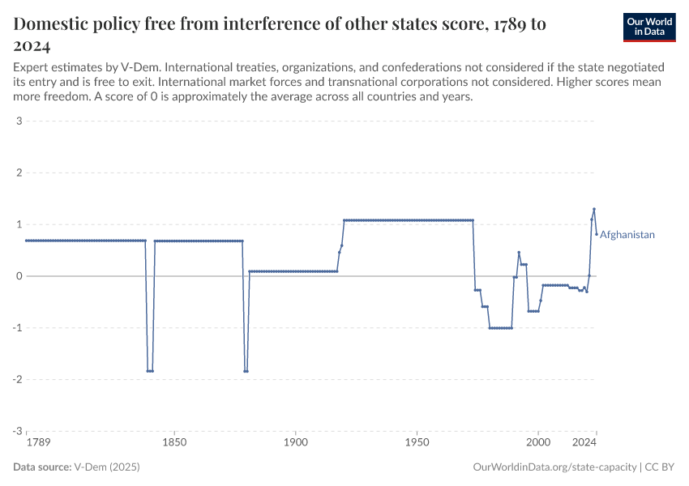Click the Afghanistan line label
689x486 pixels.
coord(627,235)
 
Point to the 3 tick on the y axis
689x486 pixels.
coord(18,122)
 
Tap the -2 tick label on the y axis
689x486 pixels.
coord(16,379)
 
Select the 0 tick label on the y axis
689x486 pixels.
coord(18,276)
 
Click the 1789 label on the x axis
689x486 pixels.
coord(37,443)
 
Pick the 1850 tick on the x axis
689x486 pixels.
coord(174,443)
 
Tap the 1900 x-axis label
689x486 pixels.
coord(296,443)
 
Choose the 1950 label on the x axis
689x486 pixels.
coord(417,443)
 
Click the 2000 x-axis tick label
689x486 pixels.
coord(537,443)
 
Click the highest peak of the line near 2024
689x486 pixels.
coord(594,209)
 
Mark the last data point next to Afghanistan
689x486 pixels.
coord(597,234)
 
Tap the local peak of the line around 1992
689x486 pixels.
coord(519,253)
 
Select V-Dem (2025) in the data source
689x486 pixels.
coord(105,467)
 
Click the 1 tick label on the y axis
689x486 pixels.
coord(18,224)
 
